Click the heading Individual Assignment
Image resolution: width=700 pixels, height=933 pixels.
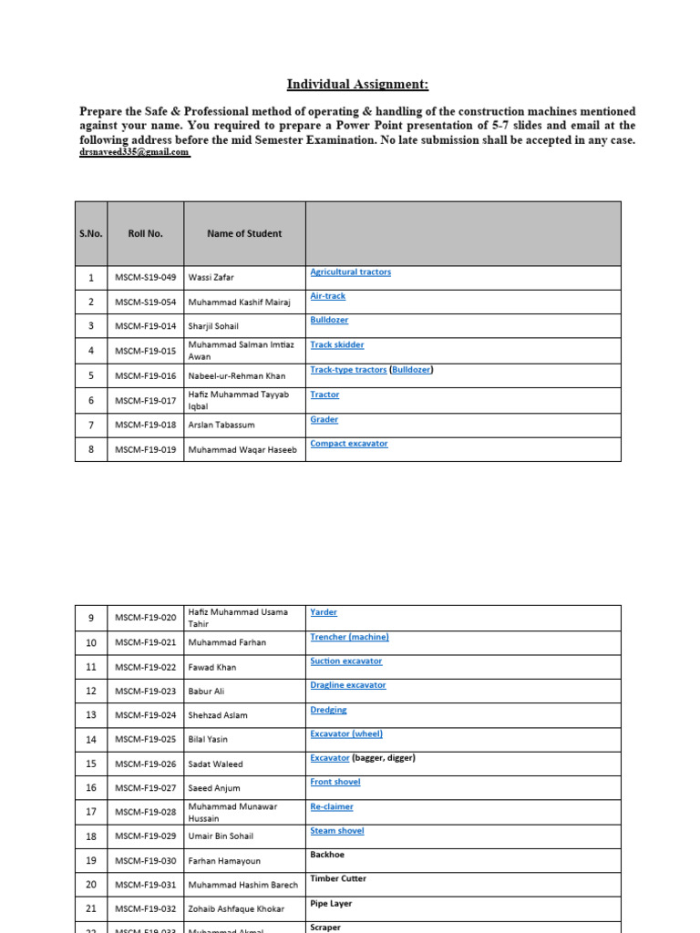pyautogui.click(x=357, y=85)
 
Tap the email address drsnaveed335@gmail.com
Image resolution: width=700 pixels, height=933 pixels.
pyautogui.click(x=135, y=153)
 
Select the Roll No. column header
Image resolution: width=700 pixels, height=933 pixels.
pyautogui.click(x=145, y=233)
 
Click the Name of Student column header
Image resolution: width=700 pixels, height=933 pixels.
pyautogui.click(x=244, y=233)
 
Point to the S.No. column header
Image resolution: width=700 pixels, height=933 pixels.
pyautogui.click(x=91, y=233)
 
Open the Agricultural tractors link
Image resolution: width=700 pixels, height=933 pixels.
pyautogui.click(x=350, y=272)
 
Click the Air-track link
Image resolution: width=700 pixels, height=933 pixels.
pyautogui.click(x=327, y=296)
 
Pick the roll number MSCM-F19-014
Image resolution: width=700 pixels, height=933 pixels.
pyautogui.click(x=145, y=326)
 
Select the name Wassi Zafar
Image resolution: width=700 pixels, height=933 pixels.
pyautogui.click(x=211, y=277)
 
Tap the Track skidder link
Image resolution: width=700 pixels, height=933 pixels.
pyautogui.click(x=336, y=345)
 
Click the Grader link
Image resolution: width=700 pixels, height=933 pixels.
pyautogui.click(x=324, y=420)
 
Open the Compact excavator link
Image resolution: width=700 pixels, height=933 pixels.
pyautogui.click(x=348, y=444)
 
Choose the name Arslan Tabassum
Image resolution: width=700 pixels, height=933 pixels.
pyautogui.click(x=221, y=425)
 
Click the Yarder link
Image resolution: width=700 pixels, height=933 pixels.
pyautogui.click(x=324, y=612)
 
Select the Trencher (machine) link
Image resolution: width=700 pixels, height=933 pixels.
pyautogui.click(x=349, y=637)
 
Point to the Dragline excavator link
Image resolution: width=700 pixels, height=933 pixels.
pyautogui.click(x=347, y=685)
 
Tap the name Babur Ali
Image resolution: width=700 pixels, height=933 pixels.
pyautogui.click(x=209, y=691)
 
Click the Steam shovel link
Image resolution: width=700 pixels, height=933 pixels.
pyautogui.click(x=336, y=831)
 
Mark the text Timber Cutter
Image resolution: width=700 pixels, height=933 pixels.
pyautogui.click(x=338, y=879)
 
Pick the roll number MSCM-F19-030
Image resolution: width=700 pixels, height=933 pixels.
pyautogui.click(x=145, y=860)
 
